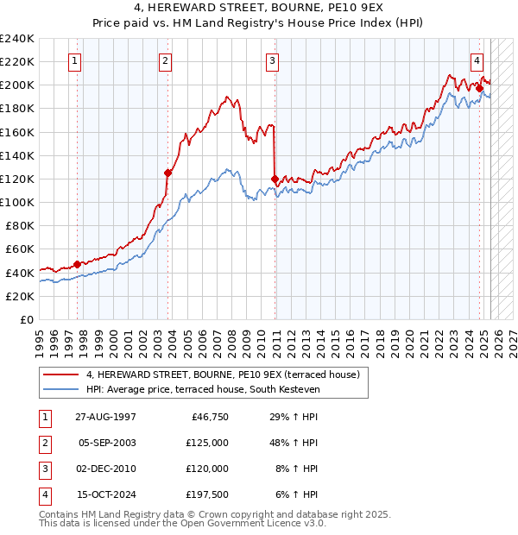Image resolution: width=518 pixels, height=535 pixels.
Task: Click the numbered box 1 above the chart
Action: click(76, 60)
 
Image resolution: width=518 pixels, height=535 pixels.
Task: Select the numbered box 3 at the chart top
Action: click(272, 60)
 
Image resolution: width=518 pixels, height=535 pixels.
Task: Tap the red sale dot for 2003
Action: click(167, 173)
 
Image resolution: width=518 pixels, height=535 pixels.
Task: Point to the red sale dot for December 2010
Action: click(275, 179)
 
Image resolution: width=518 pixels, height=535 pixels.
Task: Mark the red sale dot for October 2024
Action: click(479, 88)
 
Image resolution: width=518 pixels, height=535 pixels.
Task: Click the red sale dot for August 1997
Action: click(78, 264)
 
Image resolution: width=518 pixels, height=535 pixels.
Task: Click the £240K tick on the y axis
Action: click(17, 39)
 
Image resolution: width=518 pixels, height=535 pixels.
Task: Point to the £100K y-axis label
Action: click(17, 202)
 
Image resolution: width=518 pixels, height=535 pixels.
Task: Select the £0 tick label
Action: click(26, 319)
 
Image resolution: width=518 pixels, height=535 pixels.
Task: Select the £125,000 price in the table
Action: click(208, 443)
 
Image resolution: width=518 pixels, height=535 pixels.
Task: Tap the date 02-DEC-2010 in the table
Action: click(107, 469)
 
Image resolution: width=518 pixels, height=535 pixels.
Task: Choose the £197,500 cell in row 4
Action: click(208, 494)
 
